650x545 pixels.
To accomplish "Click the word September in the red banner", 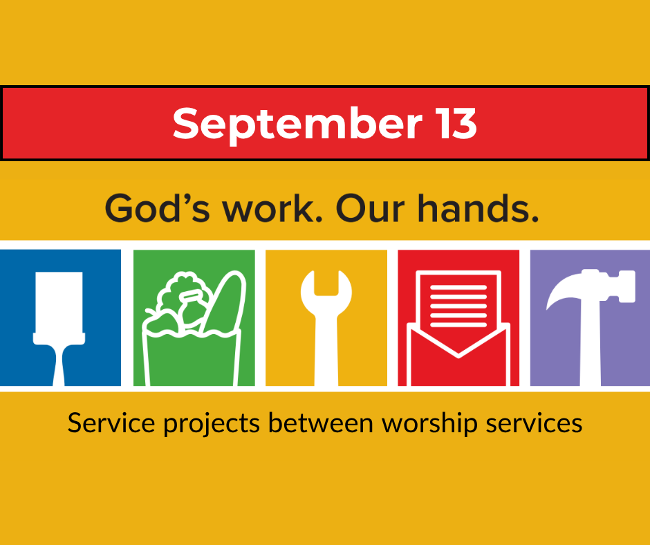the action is [297, 124].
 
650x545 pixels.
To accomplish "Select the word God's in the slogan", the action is [158, 207].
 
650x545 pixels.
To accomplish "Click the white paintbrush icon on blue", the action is [59, 329].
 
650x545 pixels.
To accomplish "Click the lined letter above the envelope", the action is [458, 299].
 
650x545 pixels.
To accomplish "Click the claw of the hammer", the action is [564, 290].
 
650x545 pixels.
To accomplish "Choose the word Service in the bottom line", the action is [111, 423].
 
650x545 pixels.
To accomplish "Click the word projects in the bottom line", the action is [212, 425].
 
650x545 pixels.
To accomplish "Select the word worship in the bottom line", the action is [429, 424].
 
